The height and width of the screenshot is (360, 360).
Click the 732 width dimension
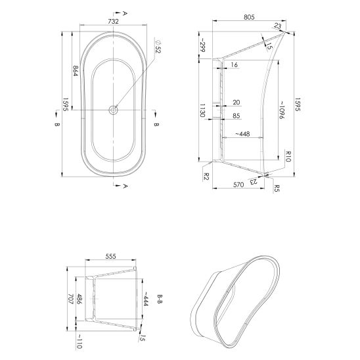113,21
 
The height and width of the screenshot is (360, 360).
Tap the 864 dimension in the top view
76,71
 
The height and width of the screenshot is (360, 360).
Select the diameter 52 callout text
158,47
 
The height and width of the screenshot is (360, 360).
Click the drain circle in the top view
113,110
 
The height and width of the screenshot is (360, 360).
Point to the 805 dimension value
249,17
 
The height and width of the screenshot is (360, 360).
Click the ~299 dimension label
202,45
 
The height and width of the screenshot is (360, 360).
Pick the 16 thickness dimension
234,65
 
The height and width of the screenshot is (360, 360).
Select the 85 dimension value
236,116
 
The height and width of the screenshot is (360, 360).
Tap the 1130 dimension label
202,110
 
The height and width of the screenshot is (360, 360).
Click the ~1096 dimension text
281,110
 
